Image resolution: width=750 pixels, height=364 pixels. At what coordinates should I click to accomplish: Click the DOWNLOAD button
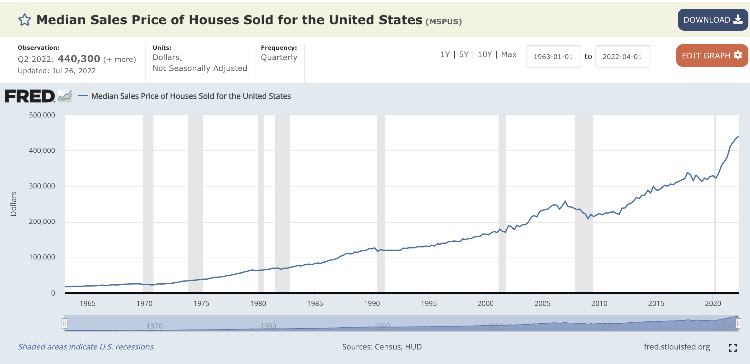(713, 20)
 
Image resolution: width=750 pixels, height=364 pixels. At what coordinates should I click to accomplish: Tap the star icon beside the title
(25, 20)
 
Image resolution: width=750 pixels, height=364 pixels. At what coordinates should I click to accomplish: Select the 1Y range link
(445, 55)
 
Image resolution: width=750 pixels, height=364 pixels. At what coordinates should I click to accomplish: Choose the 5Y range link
(464, 55)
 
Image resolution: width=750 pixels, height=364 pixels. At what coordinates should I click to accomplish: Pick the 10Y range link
(485, 55)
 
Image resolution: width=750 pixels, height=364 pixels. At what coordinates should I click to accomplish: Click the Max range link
(509, 55)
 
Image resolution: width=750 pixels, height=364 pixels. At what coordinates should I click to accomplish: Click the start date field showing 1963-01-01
(554, 56)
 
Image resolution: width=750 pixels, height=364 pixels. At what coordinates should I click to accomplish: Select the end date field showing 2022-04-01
(623, 56)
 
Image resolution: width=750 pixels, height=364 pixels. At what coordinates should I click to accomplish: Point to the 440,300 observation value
(79, 59)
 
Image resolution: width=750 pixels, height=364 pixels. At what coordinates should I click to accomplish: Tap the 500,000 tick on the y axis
(42, 115)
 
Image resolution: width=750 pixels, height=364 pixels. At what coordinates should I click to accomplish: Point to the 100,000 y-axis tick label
(42, 257)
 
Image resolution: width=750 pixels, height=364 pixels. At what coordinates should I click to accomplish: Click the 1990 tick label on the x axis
(372, 303)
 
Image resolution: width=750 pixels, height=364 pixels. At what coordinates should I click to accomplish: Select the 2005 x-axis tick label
(542, 303)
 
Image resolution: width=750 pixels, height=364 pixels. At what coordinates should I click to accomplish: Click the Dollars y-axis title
(14, 204)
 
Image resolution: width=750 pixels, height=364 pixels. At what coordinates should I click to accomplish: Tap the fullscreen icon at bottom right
(733, 348)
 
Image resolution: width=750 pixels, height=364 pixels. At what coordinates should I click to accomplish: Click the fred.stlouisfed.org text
(677, 347)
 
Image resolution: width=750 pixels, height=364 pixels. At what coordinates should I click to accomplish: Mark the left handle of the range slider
(64, 323)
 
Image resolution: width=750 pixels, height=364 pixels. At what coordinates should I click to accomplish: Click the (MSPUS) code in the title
(444, 22)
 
